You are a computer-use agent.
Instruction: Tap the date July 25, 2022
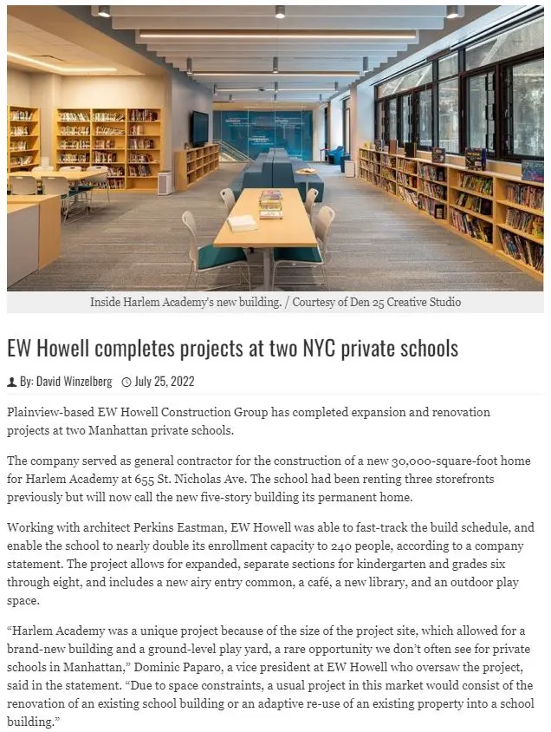[x=164, y=382]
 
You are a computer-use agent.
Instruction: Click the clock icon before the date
[x=126, y=382]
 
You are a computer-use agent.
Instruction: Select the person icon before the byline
[x=12, y=382]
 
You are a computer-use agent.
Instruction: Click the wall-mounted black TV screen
[x=200, y=128]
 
